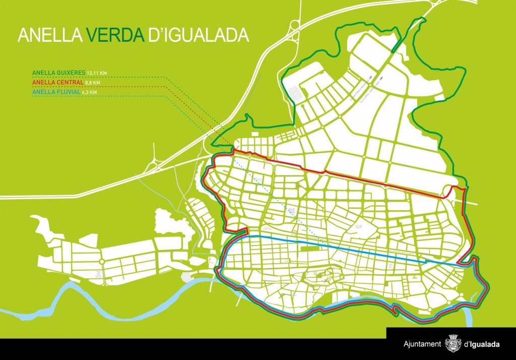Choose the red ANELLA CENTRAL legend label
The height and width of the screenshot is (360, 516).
(55, 82)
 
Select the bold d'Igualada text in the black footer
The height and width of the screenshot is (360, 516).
(482, 344)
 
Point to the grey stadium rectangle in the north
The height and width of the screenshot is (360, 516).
(295, 93)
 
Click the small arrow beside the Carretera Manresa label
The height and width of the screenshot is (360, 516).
(370, 77)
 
